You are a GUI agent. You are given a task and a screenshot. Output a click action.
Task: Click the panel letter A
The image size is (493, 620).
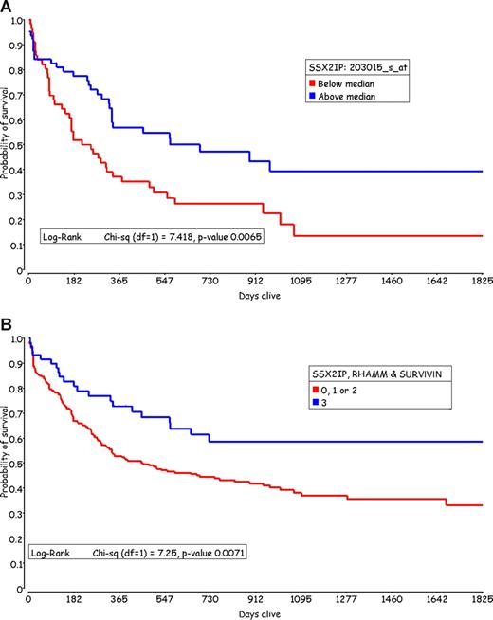tap(7, 8)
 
